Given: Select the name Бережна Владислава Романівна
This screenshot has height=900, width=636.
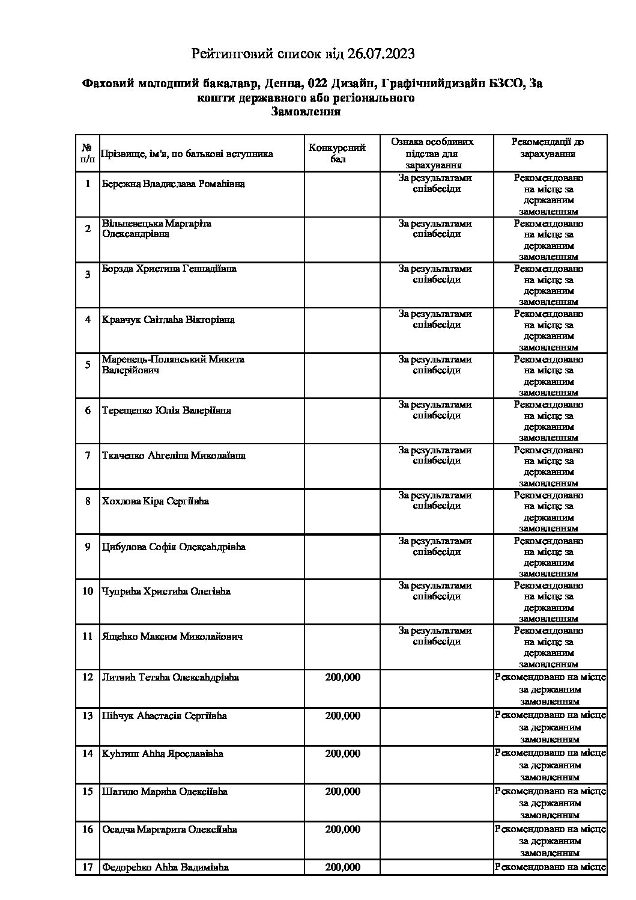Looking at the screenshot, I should pyautogui.click(x=173, y=183).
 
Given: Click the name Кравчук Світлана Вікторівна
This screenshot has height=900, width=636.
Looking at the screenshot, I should pyautogui.click(x=168, y=319).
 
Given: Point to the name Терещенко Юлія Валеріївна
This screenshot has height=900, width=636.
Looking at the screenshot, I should pyautogui.click(x=166, y=411).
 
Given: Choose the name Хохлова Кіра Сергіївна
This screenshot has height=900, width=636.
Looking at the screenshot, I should pyautogui.click(x=156, y=501).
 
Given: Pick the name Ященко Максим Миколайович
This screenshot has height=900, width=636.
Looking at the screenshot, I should pyautogui.click(x=172, y=636).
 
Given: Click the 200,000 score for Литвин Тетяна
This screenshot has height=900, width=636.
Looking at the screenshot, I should pyautogui.click(x=343, y=677).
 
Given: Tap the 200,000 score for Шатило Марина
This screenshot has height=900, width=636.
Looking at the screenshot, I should pyautogui.click(x=343, y=791).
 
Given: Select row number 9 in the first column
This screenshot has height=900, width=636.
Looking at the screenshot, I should pyautogui.click(x=88, y=546).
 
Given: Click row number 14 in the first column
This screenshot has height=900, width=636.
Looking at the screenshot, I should pyautogui.click(x=88, y=753).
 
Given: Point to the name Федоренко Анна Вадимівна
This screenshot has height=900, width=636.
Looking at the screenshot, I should pyautogui.click(x=165, y=867).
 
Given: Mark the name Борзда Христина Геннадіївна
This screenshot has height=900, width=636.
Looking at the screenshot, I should pyautogui.click(x=169, y=269).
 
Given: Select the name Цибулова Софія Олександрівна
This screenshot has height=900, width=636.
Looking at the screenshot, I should pyautogui.click(x=174, y=546).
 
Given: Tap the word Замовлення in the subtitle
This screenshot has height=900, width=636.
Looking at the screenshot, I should pyautogui.click(x=306, y=112).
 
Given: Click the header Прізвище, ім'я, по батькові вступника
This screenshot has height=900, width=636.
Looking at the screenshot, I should pyautogui.click(x=187, y=154).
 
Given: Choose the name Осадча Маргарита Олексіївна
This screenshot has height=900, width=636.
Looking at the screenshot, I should pyautogui.click(x=169, y=829).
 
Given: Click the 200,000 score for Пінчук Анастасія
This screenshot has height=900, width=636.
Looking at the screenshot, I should pyautogui.click(x=343, y=715).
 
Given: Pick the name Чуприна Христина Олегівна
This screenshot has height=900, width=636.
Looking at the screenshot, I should pyautogui.click(x=166, y=591).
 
